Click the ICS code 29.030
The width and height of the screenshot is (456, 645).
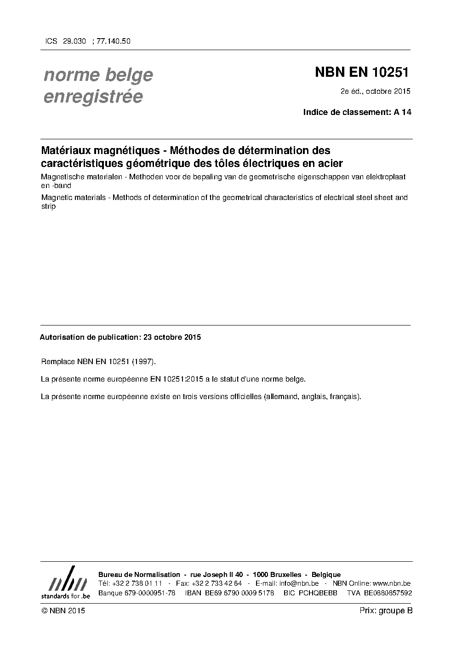[x=74, y=41]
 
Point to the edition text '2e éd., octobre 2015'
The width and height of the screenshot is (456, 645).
[x=375, y=91]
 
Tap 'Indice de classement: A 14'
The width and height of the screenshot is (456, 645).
[x=357, y=112]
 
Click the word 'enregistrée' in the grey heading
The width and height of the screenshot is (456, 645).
[x=93, y=97]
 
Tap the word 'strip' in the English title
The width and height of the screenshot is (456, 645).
[x=48, y=206]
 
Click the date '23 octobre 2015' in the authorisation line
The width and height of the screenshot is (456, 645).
[x=172, y=337]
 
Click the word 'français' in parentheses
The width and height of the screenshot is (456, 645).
[x=345, y=396]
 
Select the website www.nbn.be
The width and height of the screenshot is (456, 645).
[x=392, y=583]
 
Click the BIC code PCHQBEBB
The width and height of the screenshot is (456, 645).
[x=318, y=593]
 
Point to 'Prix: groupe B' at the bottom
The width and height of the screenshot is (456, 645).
[x=386, y=611]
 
